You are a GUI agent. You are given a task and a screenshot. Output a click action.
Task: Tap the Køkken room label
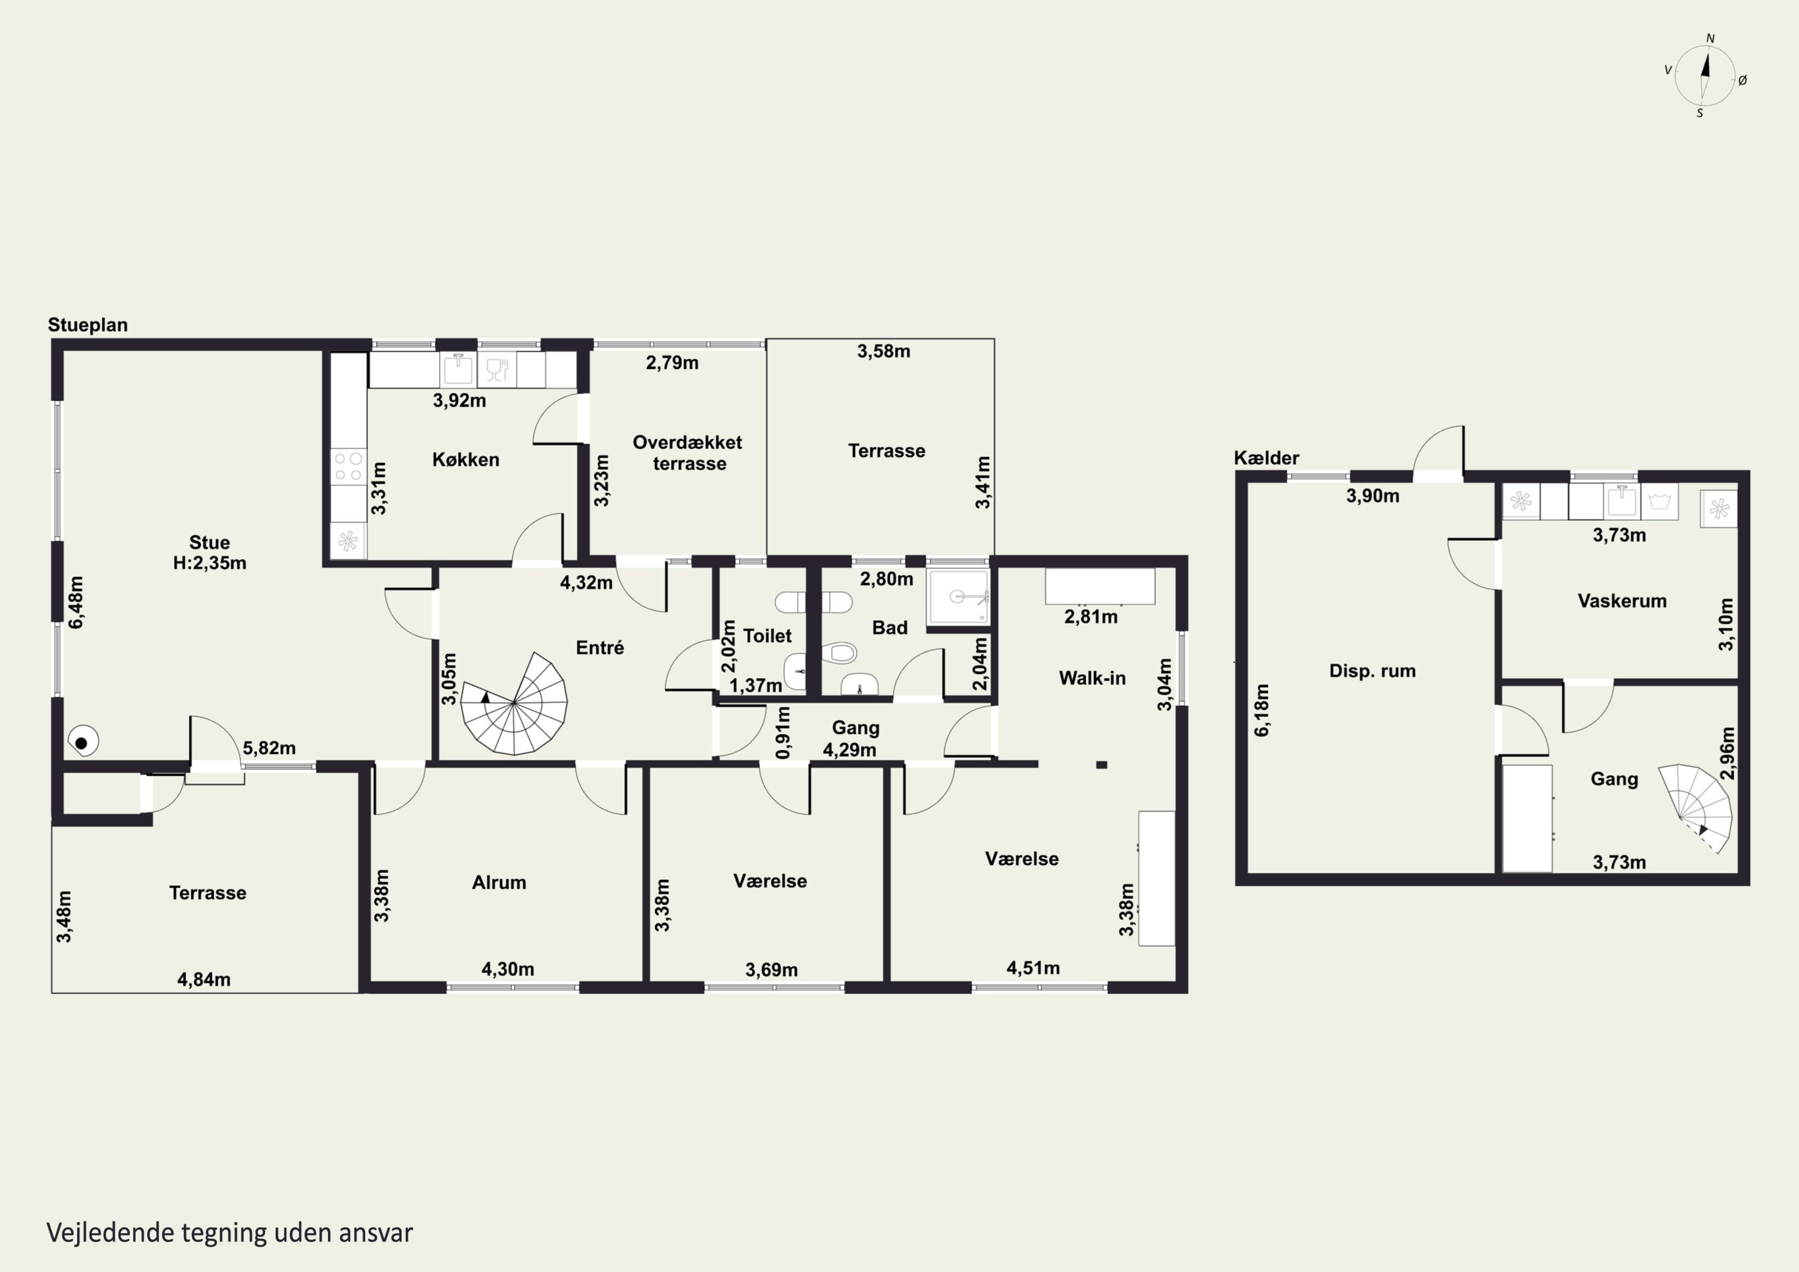click(465, 460)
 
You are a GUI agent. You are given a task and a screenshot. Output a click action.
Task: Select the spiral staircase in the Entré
click(513, 703)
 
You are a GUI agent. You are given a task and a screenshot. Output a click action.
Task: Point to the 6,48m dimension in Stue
click(76, 602)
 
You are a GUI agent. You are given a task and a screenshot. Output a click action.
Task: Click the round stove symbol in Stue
click(82, 741)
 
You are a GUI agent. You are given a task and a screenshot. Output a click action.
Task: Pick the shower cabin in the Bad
click(958, 597)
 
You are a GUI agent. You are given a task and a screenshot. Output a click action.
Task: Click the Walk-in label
click(1092, 678)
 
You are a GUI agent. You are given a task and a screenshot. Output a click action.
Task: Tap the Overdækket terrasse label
click(688, 453)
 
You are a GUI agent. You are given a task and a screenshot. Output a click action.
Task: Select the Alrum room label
click(499, 883)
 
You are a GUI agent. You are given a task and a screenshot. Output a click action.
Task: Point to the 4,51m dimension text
click(1033, 968)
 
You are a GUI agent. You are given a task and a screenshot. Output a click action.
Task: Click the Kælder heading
click(1266, 458)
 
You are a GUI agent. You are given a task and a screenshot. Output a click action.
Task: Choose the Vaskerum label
click(1622, 601)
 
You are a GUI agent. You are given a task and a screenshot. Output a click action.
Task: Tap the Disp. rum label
click(1373, 671)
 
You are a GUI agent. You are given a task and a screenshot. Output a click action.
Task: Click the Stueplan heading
click(88, 325)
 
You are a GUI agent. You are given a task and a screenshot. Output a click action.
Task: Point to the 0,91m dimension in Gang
click(782, 733)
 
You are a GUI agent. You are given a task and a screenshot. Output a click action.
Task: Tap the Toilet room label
click(767, 636)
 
